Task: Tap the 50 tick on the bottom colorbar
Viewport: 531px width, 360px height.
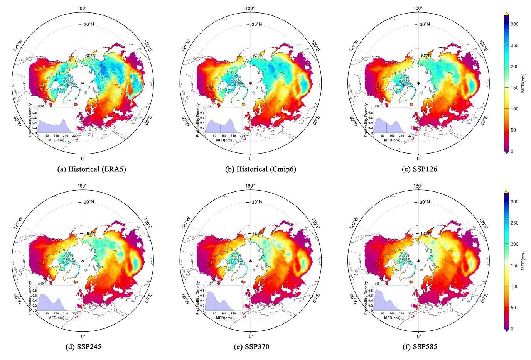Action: (515, 308)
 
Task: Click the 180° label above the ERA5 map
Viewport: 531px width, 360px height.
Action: (83, 8)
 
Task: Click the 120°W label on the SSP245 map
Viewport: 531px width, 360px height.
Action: (18, 223)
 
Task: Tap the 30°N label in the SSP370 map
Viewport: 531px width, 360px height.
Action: (257, 203)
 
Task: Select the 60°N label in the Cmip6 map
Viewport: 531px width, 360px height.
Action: (257, 56)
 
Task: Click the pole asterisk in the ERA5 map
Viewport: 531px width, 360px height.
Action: (83, 83)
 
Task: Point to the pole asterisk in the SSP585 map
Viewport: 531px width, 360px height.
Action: (418, 261)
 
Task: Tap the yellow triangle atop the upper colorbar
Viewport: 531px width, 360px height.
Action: (506, 14)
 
